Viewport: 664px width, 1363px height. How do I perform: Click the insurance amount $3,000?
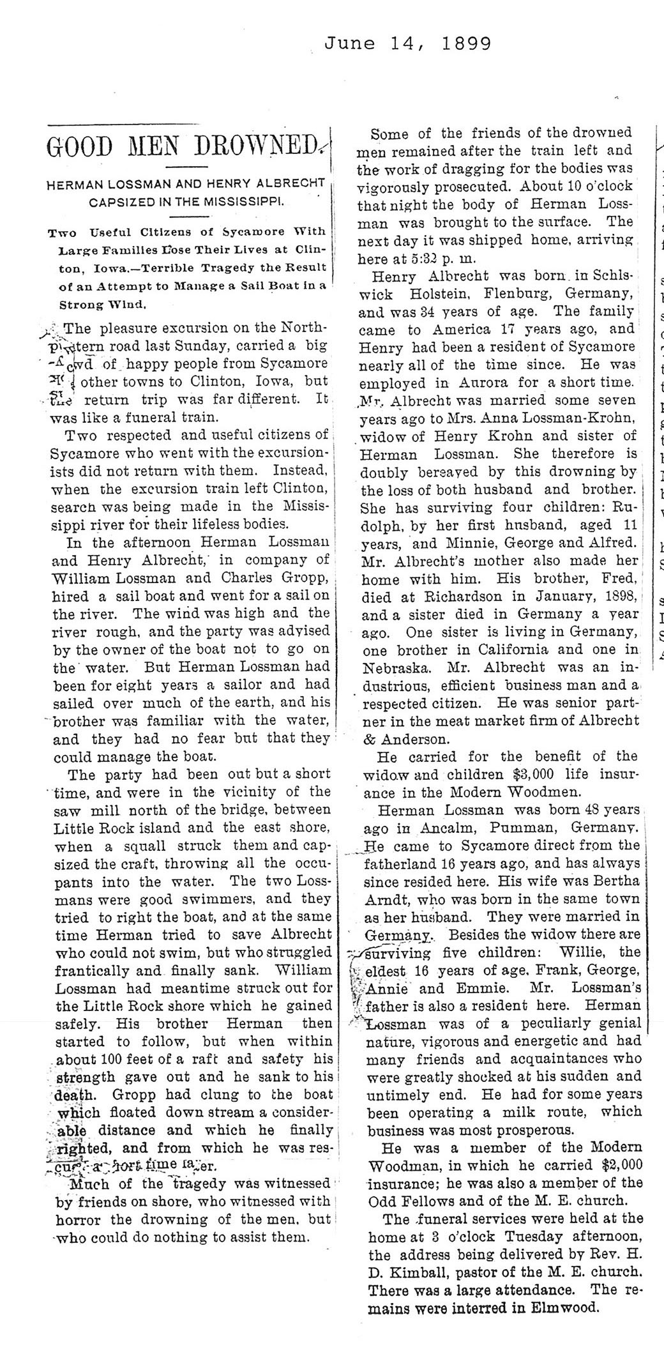(x=536, y=773)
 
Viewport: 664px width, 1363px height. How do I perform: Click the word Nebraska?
(x=389, y=667)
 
